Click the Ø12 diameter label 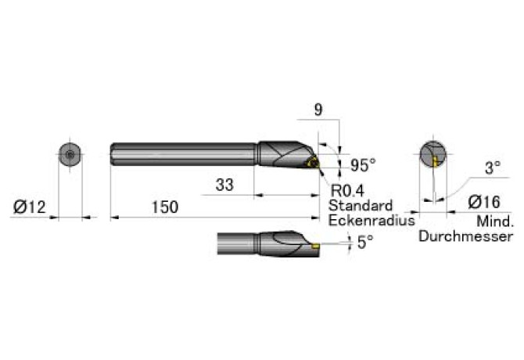click(x=29, y=207)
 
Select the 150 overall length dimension click(x=165, y=207)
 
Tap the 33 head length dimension click(x=224, y=185)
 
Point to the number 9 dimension click(x=318, y=110)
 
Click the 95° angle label click(x=363, y=165)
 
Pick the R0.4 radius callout click(x=347, y=191)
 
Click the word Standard click(x=361, y=205)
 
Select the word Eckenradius click(x=371, y=220)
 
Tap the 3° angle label click(x=493, y=167)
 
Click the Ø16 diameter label click(x=484, y=202)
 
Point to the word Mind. click(x=495, y=221)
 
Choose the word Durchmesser click(x=465, y=236)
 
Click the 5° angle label click(x=365, y=243)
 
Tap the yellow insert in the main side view click(x=313, y=164)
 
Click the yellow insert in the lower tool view click(x=315, y=247)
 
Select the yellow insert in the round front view click(x=435, y=161)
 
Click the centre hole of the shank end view click(x=70, y=154)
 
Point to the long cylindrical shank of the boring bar click(x=184, y=154)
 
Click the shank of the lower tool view click(x=238, y=243)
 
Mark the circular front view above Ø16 click(x=432, y=154)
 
